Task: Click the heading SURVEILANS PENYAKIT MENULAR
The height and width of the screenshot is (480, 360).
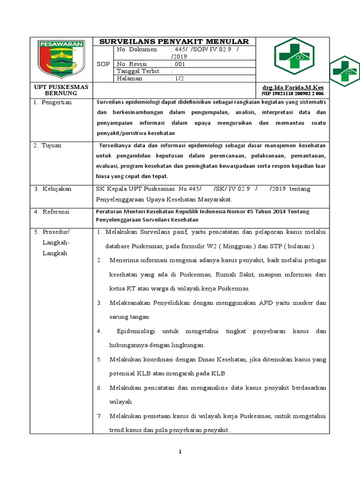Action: click(x=174, y=42)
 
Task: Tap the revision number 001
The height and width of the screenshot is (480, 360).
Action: click(x=179, y=64)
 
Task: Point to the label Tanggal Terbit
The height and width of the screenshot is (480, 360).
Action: click(x=138, y=71)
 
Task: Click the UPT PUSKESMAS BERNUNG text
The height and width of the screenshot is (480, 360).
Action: click(x=60, y=90)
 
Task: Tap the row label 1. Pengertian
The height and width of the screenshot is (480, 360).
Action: click(x=52, y=102)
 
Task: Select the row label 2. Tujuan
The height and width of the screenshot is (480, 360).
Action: click(x=47, y=145)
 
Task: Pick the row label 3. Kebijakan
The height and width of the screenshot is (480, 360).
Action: click(x=52, y=188)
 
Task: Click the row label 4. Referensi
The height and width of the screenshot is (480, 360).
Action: click(x=51, y=212)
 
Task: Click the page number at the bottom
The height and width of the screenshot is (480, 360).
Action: click(x=180, y=452)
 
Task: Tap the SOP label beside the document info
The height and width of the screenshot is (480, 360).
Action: click(x=103, y=64)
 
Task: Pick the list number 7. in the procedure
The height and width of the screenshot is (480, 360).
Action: click(x=99, y=416)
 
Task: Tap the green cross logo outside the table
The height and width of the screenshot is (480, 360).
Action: click(x=345, y=71)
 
